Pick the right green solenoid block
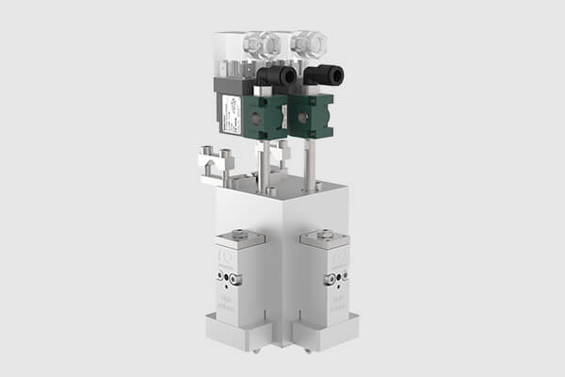tap(311, 115)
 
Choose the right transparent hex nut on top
tap(307, 42)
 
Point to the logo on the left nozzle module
tap(223, 255)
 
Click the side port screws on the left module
tap(230, 278)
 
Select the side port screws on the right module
tap(331, 279)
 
